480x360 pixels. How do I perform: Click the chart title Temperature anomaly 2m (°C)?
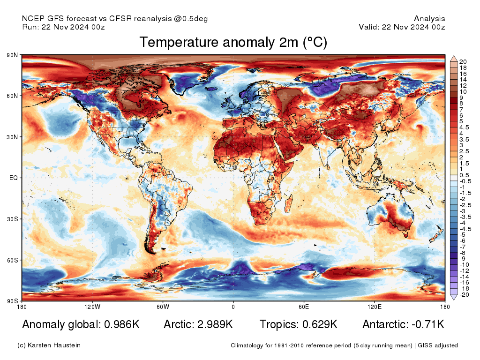click(x=233, y=43)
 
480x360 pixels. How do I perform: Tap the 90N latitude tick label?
click(x=12, y=55)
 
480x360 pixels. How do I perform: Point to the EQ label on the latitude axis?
click(x=14, y=178)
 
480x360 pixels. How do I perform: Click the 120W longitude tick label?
click(x=92, y=307)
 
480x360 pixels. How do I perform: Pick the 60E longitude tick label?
click(x=304, y=307)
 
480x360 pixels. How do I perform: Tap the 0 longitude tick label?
click(x=233, y=307)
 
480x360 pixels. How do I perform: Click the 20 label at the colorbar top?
click(x=463, y=62)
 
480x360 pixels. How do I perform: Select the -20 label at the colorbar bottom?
click(x=464, y=295)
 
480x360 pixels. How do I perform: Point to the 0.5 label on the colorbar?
click(x=464, y=175)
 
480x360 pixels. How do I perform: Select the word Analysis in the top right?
click(x=429, y=19)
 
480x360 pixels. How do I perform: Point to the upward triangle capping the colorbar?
click(x=453, y=58)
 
